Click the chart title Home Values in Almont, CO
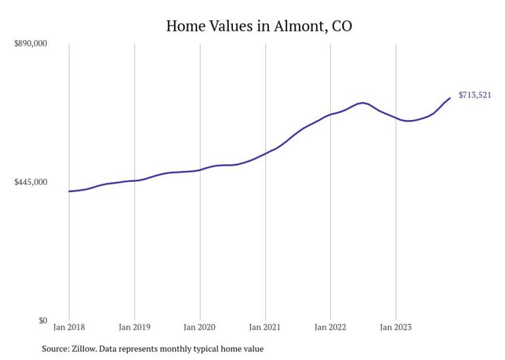click(x=259, y=26)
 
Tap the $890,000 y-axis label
click(x=29, y=43)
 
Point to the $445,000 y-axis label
click(x=29, y=182)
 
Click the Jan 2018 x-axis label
click(x=69, y=327)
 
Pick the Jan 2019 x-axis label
click(x=134, y=327)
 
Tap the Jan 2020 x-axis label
click(x=199, y=327)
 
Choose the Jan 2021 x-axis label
click(x=265, y=327)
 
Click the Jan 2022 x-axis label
click(x=330, y=327)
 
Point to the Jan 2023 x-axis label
click(x=395, y=327)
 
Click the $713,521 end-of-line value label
click(x=475, y=95)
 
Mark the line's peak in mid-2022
click(x=363, y=102)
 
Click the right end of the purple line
click(x=450, y=98)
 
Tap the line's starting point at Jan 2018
click(x=69, y=191)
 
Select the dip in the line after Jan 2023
click(x=408, y=121)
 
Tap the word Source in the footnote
click(x=54, y=349)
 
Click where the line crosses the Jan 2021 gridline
click(x=265, y=153)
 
